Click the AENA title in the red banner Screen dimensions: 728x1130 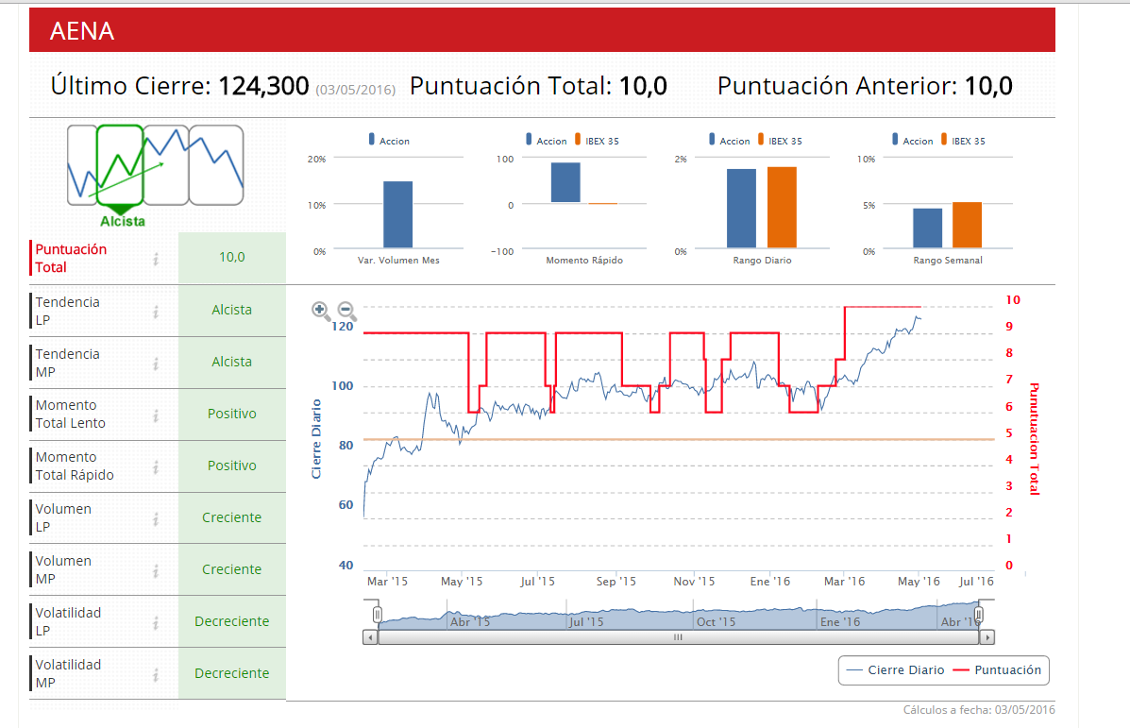pos(82,31)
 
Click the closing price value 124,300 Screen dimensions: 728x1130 pos(263,86)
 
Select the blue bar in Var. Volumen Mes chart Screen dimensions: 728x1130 pos(397,214)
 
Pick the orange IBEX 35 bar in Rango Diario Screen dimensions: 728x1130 pos(782,207)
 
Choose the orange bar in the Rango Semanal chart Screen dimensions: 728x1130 pos(967,225)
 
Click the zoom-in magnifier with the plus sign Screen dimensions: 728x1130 pos(321,310)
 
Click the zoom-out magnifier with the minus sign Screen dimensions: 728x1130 pos(346,310)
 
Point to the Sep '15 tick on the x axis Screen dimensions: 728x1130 pos(616,582)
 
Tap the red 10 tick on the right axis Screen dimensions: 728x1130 pos(1013,300)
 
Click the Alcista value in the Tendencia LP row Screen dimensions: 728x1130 pos(231,310)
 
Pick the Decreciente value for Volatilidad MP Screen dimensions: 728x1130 pos(231,673)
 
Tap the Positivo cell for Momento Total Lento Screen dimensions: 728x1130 pos(231,414)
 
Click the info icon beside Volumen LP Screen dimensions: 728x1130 pos(156,517)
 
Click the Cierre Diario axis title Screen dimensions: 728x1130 pos(317,438)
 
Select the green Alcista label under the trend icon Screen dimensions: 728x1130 pos(123,221)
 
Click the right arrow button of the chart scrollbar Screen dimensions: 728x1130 pos(987,637)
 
